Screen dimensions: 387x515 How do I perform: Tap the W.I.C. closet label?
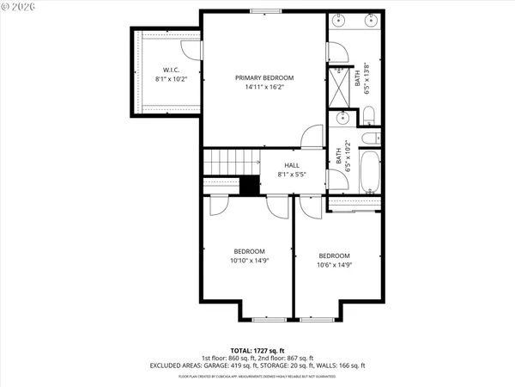(x=171, y=69)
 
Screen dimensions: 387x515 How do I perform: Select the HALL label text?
(x=292, y=165)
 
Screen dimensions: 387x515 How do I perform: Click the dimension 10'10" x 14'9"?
(x=247, y=261)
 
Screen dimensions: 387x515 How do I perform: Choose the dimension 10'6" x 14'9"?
(x=334, y=265)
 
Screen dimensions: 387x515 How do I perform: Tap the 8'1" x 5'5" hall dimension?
(x=292, y=175)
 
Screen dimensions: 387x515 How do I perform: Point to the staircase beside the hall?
(x=230, y=160)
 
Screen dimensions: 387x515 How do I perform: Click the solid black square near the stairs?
(x=249, y=185)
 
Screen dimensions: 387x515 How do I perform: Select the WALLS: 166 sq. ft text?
(x=341, y=365)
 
